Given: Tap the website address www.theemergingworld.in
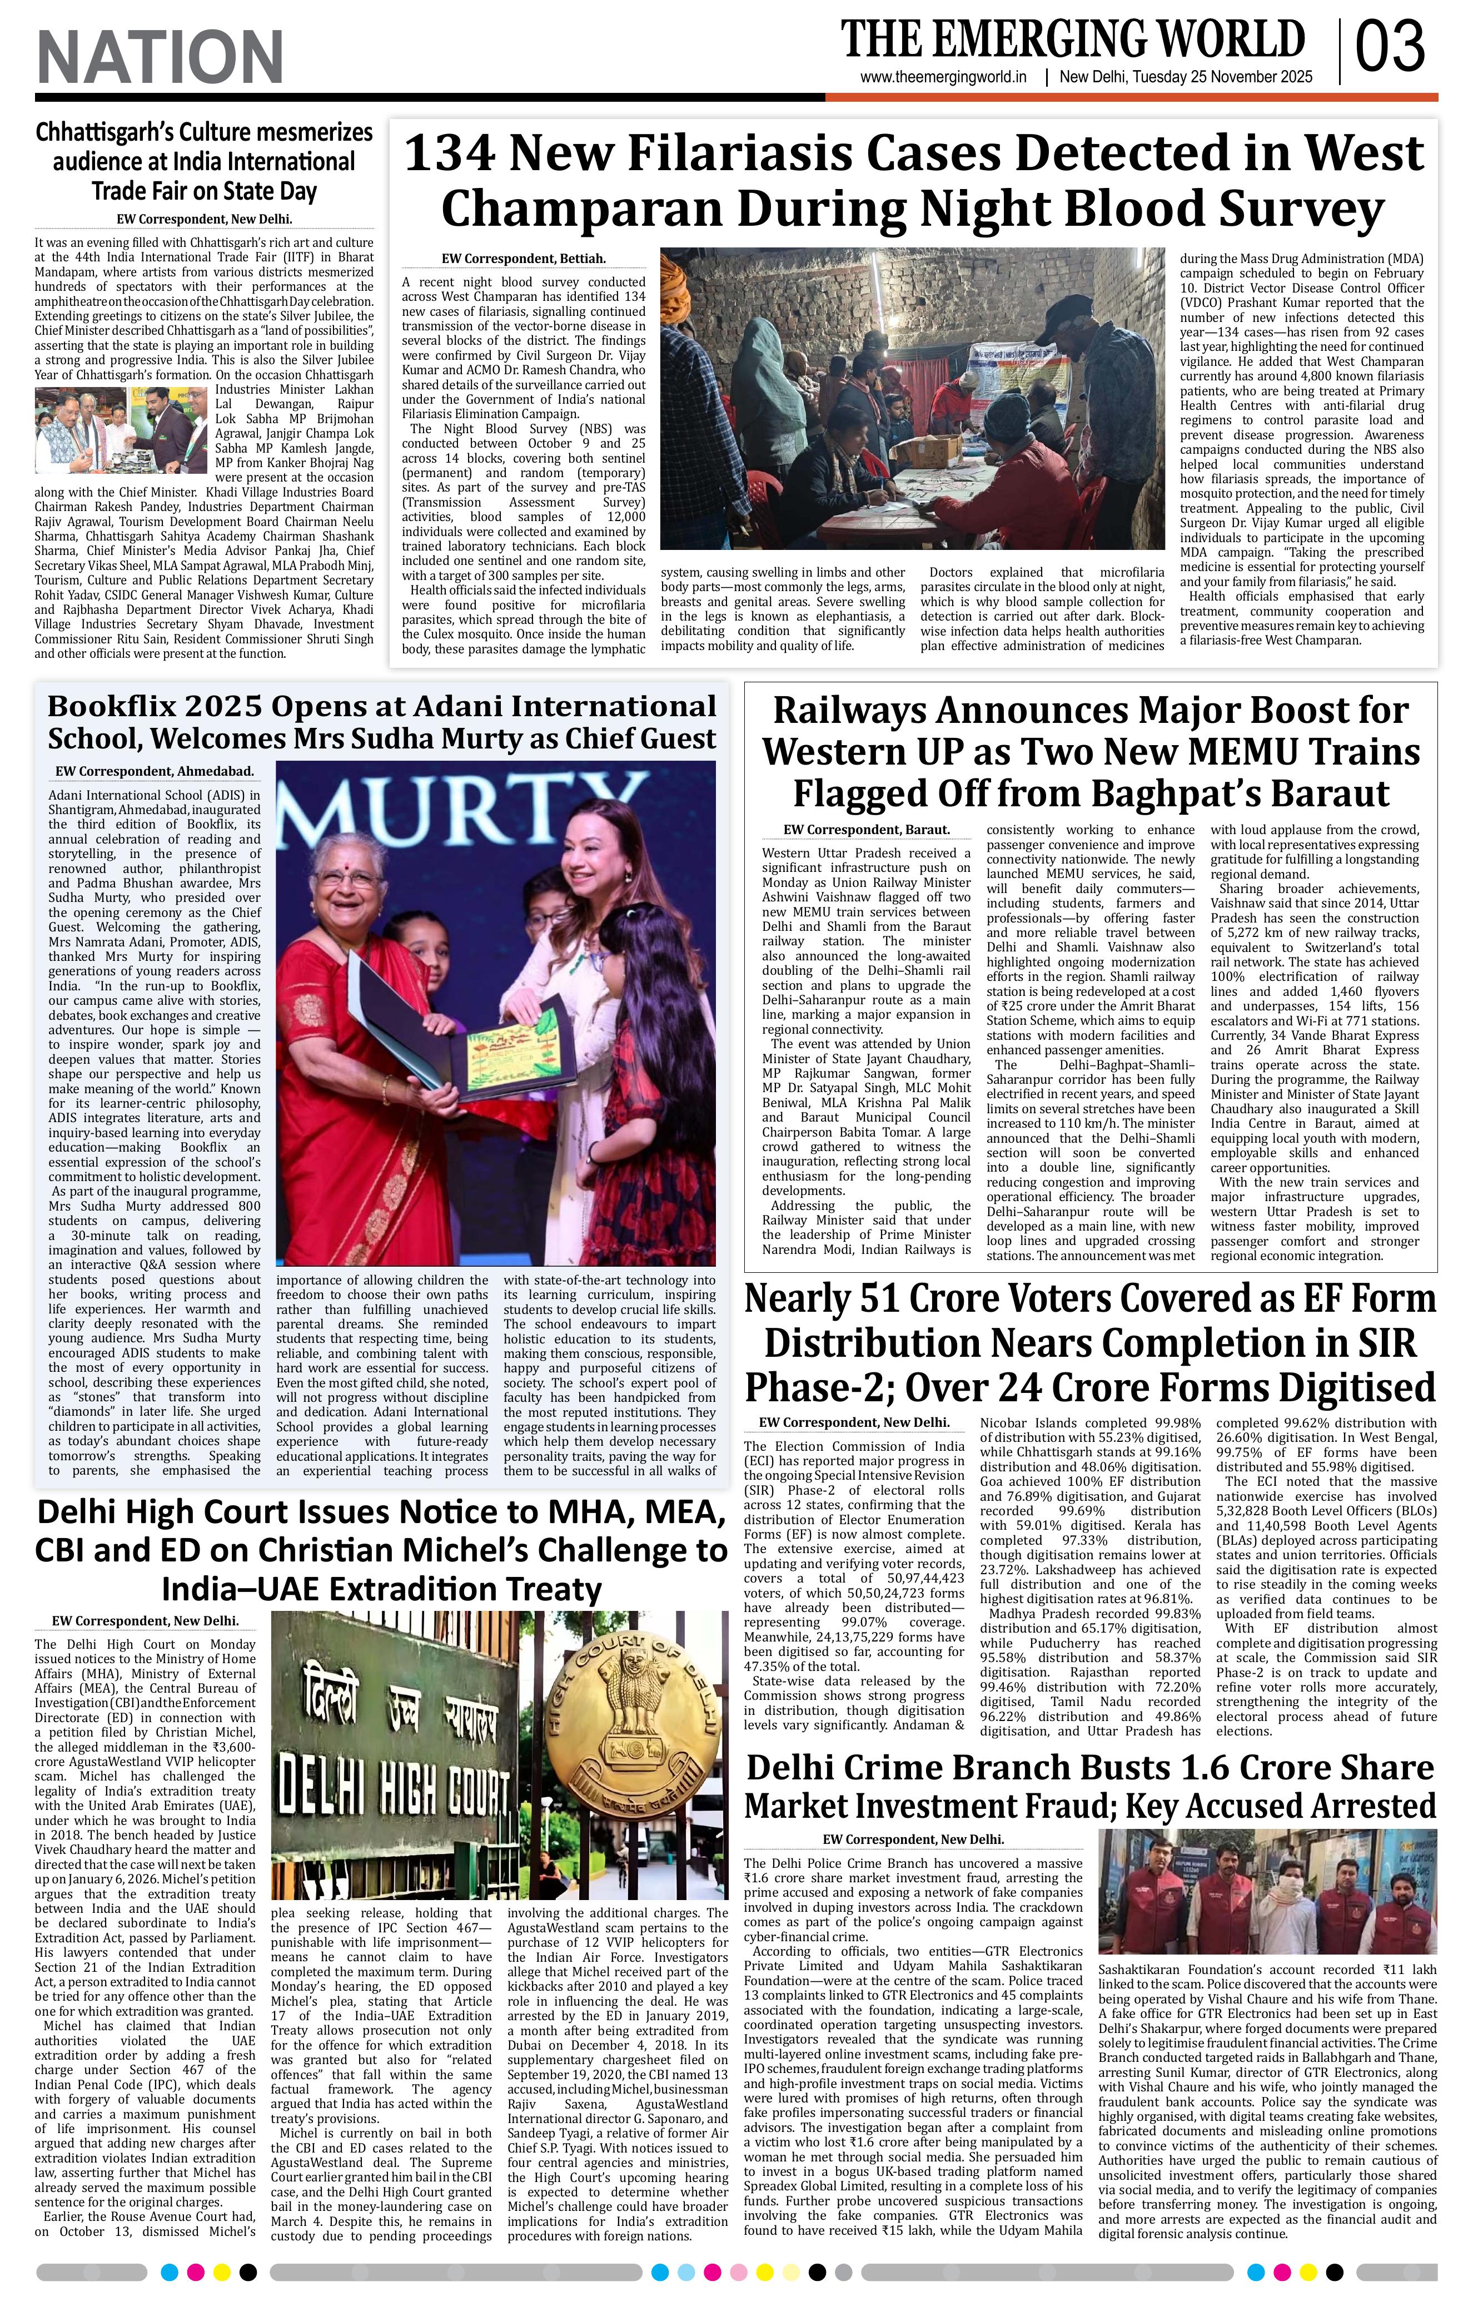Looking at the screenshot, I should click(x=943, y=77).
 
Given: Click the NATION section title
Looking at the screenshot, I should click(x=160, y=57).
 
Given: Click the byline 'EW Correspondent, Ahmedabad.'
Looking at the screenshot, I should click(x=154, y=771).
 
